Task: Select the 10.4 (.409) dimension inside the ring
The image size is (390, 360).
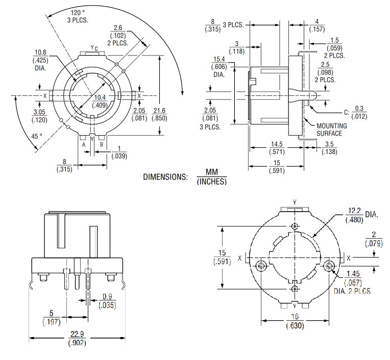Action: click(x=100, y=101)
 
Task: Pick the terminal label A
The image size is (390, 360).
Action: click(x=83, y=144)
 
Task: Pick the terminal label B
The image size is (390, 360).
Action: click(x=102, y=144)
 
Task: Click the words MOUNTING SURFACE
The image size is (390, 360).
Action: click(x=331, y=130)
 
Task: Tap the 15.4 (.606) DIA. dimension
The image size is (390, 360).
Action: click(x=221, y=66)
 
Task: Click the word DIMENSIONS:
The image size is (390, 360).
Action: click(x=166, y=177)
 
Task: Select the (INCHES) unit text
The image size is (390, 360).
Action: click(x=211, y=182)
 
